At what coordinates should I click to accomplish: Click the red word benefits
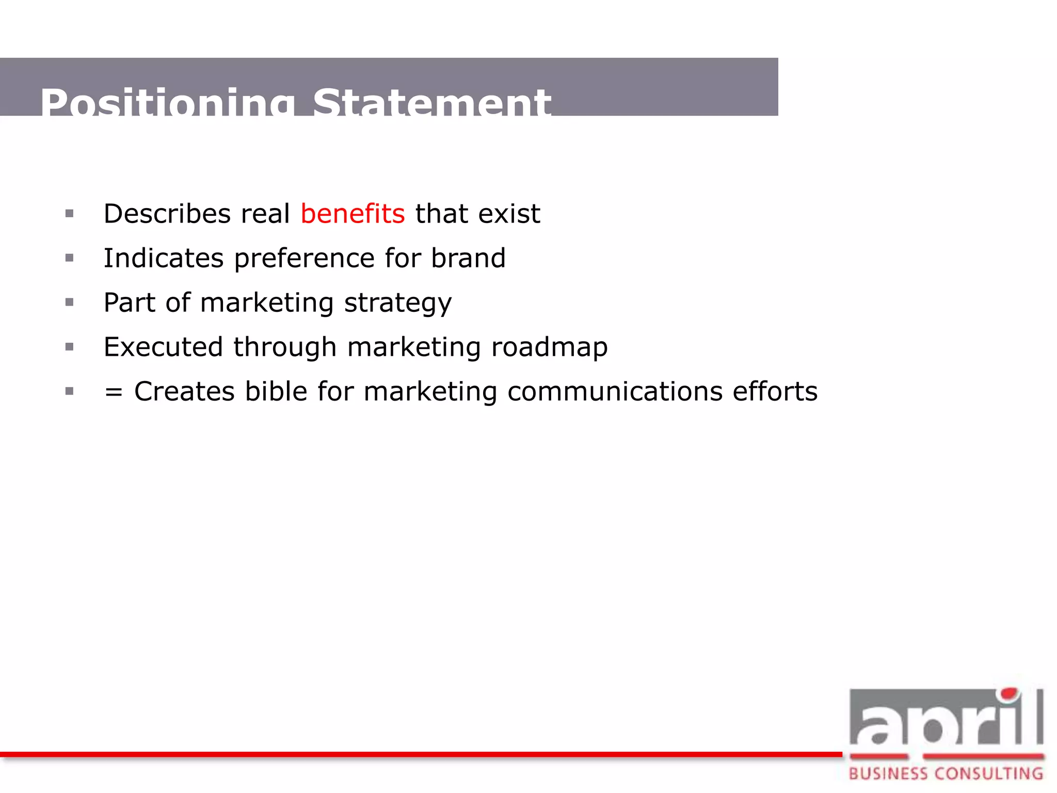click(353, 214)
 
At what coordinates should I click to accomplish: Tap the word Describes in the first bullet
click(167, 214)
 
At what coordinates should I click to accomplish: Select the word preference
click(304, 259)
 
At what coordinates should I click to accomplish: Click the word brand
click(468, 258)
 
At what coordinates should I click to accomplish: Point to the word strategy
click(398, 303)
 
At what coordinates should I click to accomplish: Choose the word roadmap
click(550, 347)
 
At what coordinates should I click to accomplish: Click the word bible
click(276, 391)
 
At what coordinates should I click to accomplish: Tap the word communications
click(615, 391)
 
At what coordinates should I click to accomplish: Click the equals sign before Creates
click(114, 392)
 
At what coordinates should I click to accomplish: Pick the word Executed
click(163, 347)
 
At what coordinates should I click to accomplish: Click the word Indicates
click(164, 258)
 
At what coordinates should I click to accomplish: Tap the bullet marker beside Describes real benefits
click(70, 214)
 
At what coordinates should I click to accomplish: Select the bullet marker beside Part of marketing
click(70, 303)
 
